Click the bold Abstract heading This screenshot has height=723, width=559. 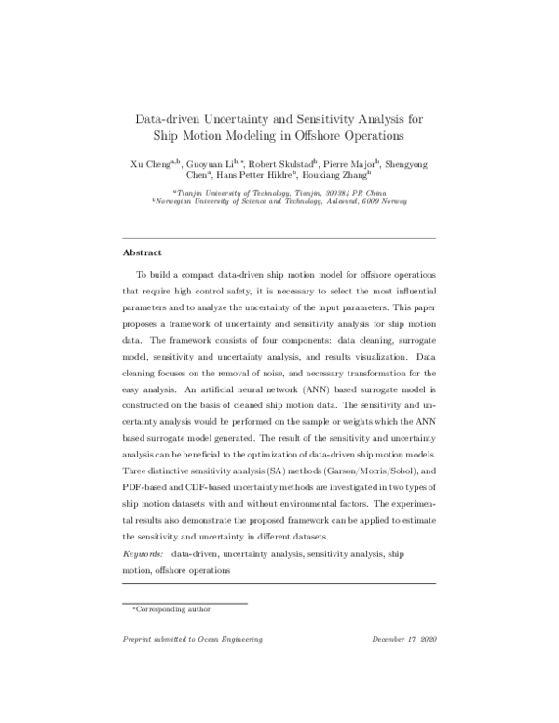pyautogui.click(x=143, y=252)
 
